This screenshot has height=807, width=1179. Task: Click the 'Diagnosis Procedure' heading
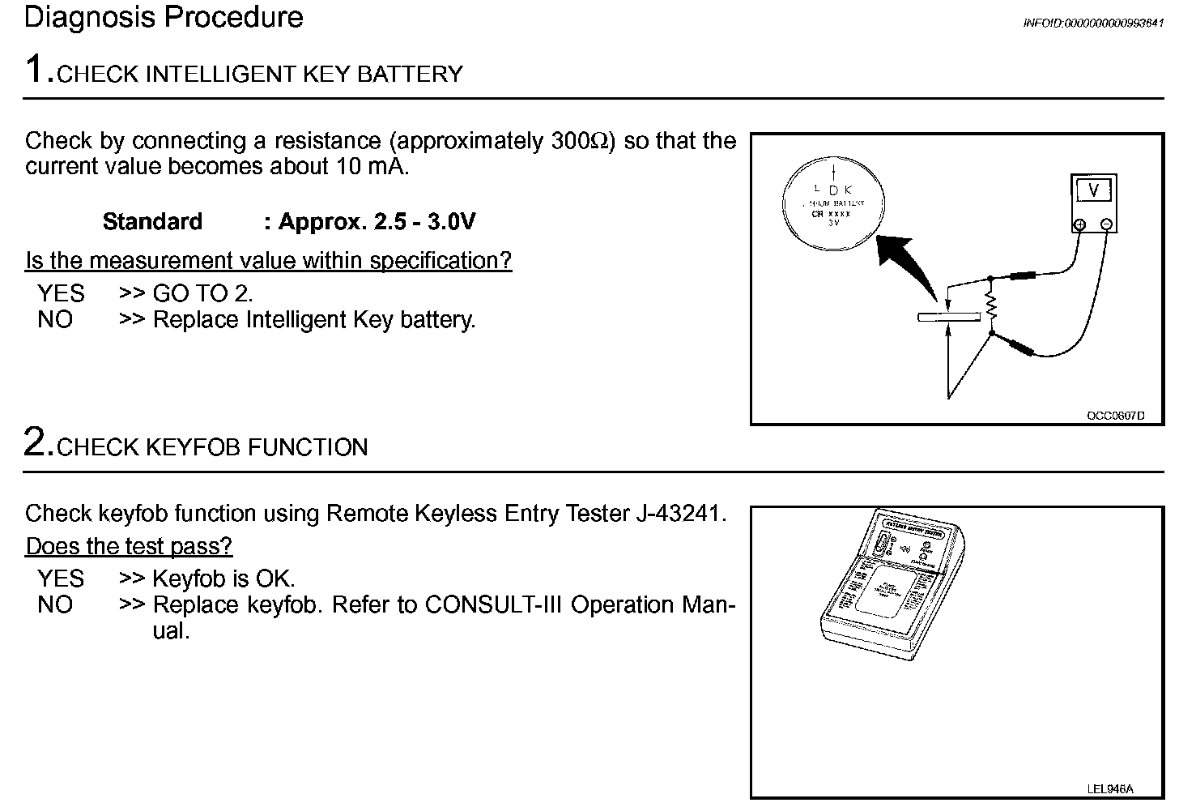point(164,18)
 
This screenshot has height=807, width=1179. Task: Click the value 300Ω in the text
point(578,141)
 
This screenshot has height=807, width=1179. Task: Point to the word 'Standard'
point(152,222)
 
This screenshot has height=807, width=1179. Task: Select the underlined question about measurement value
point(269,261)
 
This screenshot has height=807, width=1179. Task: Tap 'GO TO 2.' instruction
point(202,293)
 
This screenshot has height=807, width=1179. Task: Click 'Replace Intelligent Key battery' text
point(314,320)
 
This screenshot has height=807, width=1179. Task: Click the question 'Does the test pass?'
point(129,546)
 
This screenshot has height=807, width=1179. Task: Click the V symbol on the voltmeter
point(1094,191)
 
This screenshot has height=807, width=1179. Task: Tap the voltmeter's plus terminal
point(1079,225)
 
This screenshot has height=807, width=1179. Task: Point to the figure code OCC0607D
point(1115,416)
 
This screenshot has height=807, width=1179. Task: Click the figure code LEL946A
point(1110,788)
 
